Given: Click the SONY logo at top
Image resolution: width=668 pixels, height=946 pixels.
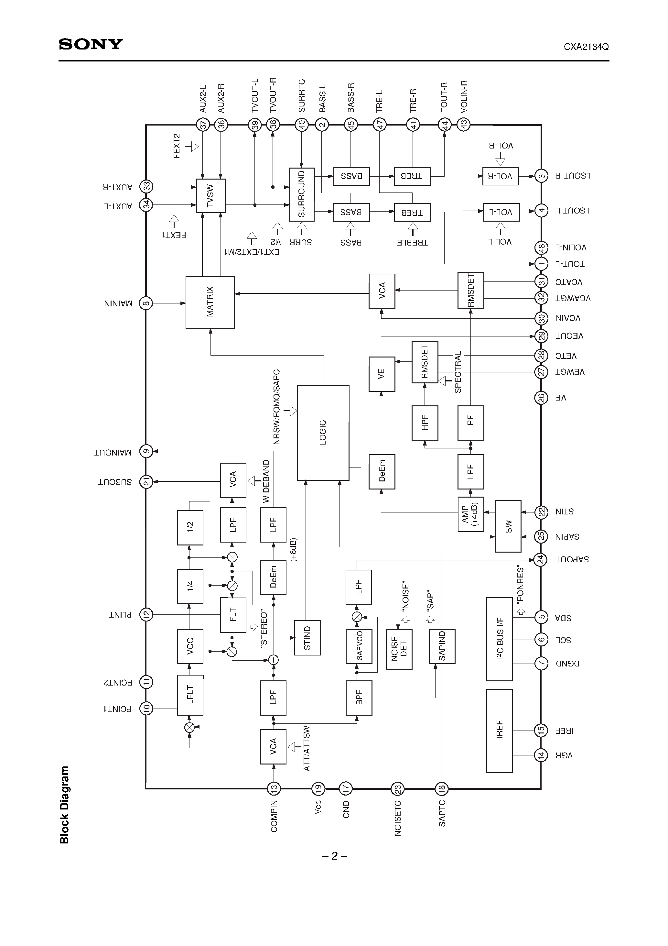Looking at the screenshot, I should click(91, 44).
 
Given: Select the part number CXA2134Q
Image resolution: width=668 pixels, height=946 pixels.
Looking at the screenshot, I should click(586, 47).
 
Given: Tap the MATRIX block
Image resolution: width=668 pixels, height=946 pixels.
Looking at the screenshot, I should click(210, 302).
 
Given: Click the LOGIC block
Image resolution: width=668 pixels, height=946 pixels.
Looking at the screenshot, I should click(323, 433).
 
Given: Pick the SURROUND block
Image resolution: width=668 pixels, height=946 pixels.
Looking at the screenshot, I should click(302, 194).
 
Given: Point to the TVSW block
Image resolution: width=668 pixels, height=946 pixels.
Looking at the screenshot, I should click(210, 196).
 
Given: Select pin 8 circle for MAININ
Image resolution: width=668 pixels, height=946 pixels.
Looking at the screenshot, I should click(146, 304).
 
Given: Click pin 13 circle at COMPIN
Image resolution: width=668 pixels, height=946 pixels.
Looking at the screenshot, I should click(274, 789).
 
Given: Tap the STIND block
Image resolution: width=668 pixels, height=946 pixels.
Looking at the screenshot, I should click(307, 638).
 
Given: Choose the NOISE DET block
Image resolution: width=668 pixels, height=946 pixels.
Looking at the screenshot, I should click(399, 649).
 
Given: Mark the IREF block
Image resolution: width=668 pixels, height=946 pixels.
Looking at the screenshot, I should click(500, 731).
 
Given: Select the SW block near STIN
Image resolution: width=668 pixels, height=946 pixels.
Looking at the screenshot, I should click(508, 526).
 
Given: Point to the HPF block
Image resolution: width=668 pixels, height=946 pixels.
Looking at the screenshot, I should click(425, 423).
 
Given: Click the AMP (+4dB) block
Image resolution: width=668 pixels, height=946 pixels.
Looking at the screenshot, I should click(470, 514).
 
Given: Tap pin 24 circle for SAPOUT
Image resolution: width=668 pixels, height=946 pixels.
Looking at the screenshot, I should click(540, 559).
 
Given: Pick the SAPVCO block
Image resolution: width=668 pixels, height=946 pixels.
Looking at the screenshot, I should click(359, 646).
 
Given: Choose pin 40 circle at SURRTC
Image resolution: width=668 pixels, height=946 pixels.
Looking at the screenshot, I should click(302, 125).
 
